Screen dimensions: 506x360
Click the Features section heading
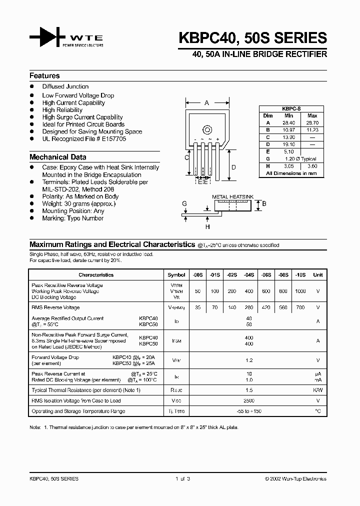pos(44,76)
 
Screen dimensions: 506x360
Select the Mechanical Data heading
pos(57,157)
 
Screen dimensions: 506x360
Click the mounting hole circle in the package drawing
pos(206,129)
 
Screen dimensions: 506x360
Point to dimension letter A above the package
pos(206,103)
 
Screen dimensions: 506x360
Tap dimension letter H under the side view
pos(207,226)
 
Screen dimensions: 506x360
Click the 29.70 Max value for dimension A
pos(312,122)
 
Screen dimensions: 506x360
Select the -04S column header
pos(249,274)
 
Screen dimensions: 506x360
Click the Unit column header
pos(317,274)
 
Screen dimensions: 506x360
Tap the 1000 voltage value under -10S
pos(300,291)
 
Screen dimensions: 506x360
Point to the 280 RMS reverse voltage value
pos(249,307)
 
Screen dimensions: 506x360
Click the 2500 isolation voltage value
pos(249,400)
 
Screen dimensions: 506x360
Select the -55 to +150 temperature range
pos(249,411)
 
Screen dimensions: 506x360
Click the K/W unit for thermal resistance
pos(317,390)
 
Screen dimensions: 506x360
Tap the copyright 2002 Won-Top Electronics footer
pos(295,478)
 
